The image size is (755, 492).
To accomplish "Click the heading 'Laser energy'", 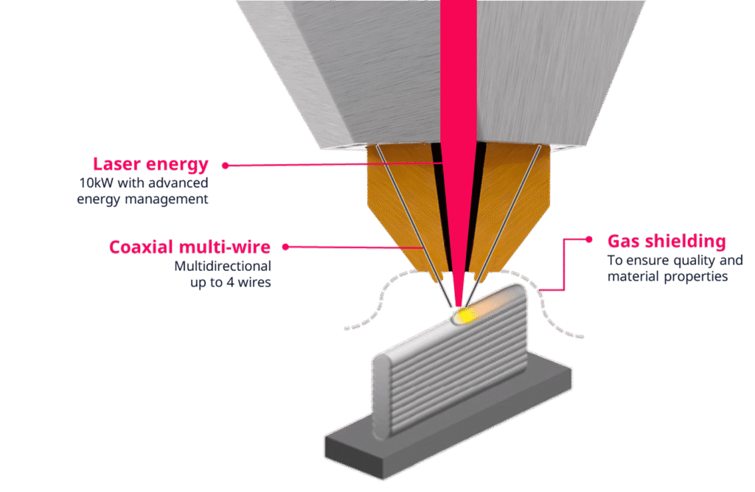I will [x=150, y=164].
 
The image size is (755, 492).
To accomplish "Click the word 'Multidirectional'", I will [x=223, y=265].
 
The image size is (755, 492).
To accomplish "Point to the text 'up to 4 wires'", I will [x=230, y=281].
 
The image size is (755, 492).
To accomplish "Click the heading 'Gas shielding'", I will [x=666, y=241].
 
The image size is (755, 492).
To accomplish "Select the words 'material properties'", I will [x=667, y=276].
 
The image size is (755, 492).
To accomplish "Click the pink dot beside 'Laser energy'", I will [x=226, y=165].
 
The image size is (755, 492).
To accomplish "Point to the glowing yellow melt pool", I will [x=466, y=316].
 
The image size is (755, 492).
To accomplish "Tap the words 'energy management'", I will [x=142, y=199].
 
